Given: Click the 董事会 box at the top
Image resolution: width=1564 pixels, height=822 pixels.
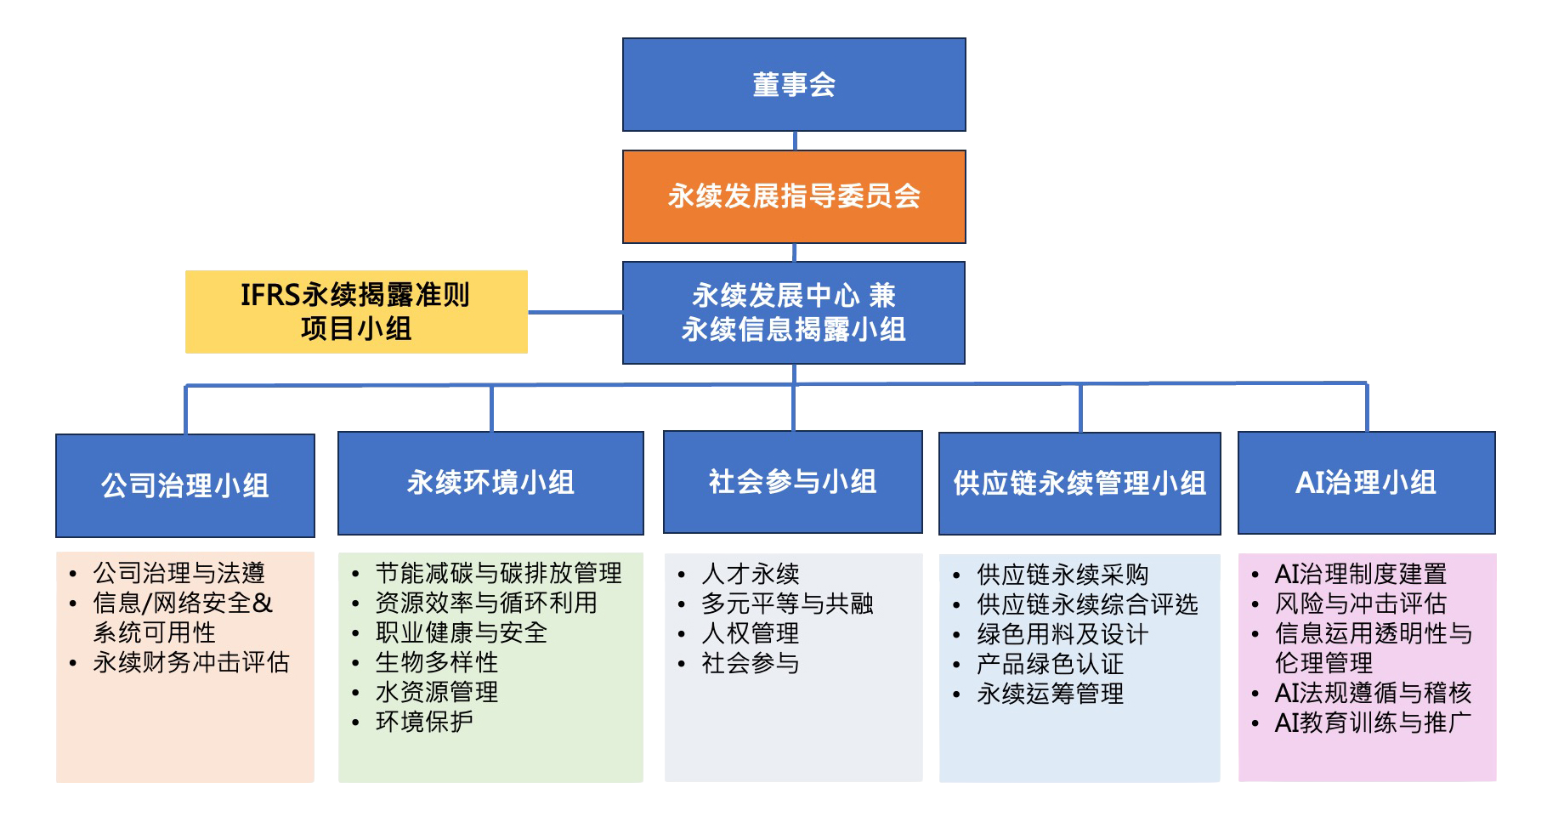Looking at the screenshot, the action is tap(794, 84).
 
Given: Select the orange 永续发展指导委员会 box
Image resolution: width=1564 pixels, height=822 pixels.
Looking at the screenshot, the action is tap(794, 196).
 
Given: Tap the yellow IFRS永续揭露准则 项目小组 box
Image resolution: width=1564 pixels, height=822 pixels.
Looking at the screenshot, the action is tap(356, 312).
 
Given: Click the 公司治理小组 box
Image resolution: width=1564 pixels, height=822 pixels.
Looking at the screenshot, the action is tap(185, 485).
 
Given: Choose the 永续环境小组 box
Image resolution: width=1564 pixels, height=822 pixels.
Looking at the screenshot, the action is tap(490, 483).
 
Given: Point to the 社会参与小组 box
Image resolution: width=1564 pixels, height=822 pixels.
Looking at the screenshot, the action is tap(793, 482).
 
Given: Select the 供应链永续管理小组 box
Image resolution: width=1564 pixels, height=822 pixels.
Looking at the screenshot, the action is tap(1079, 484).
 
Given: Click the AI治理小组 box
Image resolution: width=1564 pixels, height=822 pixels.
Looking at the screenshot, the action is tap(1367, 483).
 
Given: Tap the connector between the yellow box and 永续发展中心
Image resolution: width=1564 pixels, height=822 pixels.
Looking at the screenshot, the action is tap(575, 312).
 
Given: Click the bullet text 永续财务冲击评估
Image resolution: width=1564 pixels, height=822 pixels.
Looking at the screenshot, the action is tap(191, 662).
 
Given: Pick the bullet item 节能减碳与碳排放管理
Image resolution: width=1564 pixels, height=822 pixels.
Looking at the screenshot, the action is tap(499, 573).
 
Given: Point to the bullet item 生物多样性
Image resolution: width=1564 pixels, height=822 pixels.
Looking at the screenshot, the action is tap(437, 662).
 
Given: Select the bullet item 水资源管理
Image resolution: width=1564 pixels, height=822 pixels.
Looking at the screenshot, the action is tap(437, 692).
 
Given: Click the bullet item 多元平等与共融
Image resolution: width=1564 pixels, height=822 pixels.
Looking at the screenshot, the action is tap(787, 604).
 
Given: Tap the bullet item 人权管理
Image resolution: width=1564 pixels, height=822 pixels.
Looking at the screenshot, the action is tap(751, 633).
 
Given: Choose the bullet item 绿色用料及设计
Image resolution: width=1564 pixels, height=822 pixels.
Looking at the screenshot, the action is tap(1062, 634).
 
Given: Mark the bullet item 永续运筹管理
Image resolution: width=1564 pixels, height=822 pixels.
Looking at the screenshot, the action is tap(1051, 694).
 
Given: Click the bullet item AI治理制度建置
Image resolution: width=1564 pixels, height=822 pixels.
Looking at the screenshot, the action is tap(1361, 574).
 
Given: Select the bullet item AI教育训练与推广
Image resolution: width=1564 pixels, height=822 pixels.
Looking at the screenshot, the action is tap(1373, 723).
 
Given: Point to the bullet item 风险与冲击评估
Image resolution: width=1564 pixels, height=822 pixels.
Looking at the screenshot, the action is tap(1361, 604).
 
